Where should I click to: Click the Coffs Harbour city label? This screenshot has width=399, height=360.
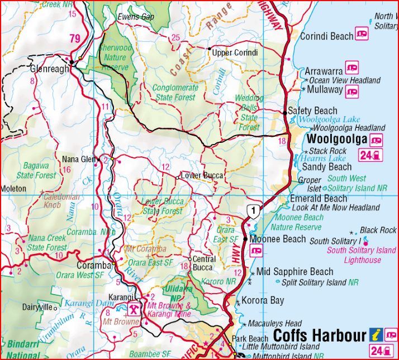tap(319, 337)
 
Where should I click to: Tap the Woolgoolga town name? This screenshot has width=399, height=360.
tap(338, 138)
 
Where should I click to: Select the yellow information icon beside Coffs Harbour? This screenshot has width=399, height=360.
tap(377, 335)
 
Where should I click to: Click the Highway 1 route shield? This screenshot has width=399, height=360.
tap(254, 211)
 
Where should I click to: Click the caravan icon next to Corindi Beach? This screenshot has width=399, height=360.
tap(362, 35)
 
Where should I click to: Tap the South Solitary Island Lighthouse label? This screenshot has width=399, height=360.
tap(362, 255)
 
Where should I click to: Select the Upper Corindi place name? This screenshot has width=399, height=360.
tap(235, 52)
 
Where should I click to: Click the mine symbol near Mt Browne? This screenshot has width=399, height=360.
tap(135, 310)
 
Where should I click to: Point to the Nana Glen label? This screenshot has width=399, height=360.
tap(79, 159)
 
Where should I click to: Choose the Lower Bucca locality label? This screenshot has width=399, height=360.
tap(202, 176)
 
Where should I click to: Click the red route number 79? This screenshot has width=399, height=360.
tap(75, 39)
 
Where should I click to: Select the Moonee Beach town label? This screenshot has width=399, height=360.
tap(278, 239)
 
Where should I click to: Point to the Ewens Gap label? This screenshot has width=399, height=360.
tap(135, 17)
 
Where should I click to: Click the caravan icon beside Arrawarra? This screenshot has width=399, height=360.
tap(352, 68)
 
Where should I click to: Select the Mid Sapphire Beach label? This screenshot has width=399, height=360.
tap(294, 272)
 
